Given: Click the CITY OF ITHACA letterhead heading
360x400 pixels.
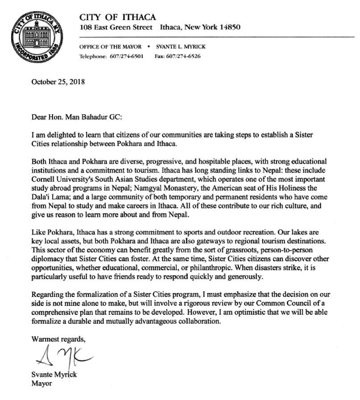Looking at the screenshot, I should pyautogui.click(x=117, y=17).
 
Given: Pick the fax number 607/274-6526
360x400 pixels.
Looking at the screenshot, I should pyautogui.click(x=184, y=57).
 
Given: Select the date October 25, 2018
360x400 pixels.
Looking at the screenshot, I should pyautogui.click(x=58, y=82).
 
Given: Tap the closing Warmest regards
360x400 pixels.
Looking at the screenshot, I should pyautogui.click(x=58, y=339).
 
